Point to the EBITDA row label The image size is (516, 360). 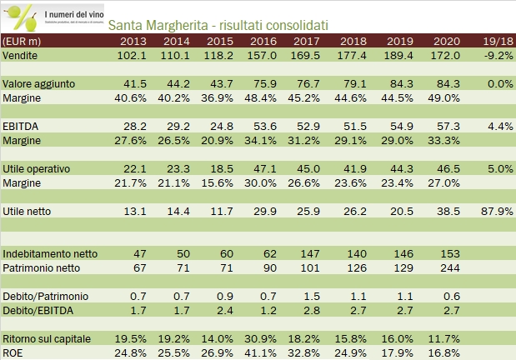[20, 126]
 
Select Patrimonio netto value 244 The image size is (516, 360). [448, 267]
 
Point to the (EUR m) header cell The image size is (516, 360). [23, 40]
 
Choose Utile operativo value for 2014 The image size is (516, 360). [183, 168]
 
